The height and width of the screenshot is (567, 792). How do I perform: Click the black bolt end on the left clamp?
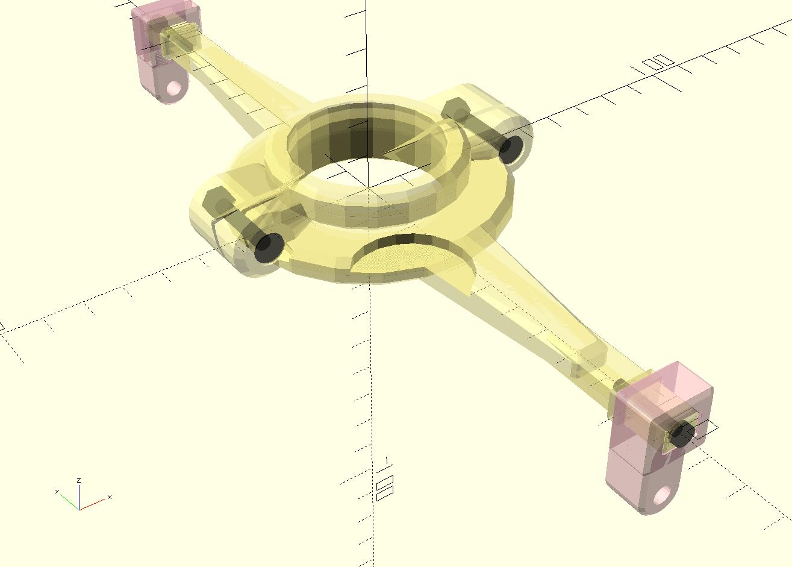tap(268, 247)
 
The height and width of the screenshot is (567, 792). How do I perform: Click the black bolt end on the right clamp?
tap(510, 149)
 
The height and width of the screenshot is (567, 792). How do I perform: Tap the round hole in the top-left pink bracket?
tap(174, 89)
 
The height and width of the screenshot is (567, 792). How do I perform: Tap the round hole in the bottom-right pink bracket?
tap(662, 496)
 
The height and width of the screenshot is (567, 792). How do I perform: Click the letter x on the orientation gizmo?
tap(110, 497)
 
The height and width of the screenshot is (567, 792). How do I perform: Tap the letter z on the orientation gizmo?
tap(79, 480)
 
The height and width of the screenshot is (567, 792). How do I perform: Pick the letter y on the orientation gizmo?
tap(57, 492)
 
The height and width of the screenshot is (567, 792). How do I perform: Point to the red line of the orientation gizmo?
tap(92, 504)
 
